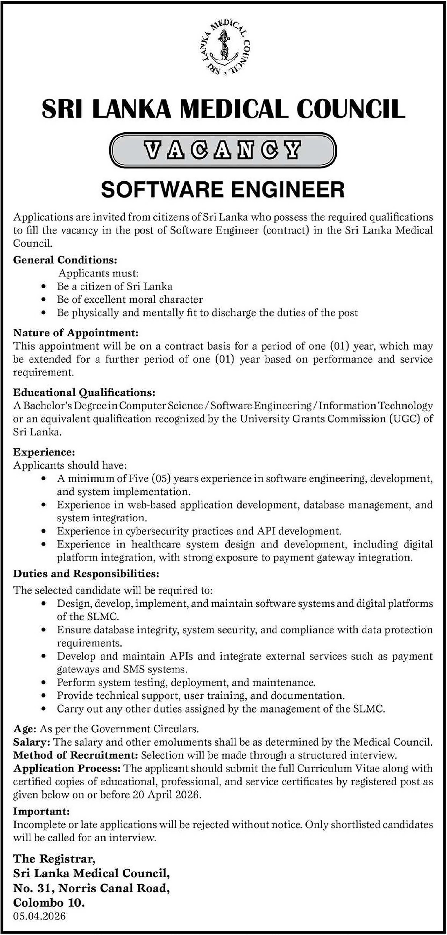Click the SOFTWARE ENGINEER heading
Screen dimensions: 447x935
coord(223,190)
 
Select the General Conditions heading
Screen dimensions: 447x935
coord(65,260)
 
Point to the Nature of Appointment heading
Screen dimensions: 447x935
coord(76,332)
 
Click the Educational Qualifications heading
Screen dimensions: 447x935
coord(84,392)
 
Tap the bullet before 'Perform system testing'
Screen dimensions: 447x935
coord(44,683)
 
